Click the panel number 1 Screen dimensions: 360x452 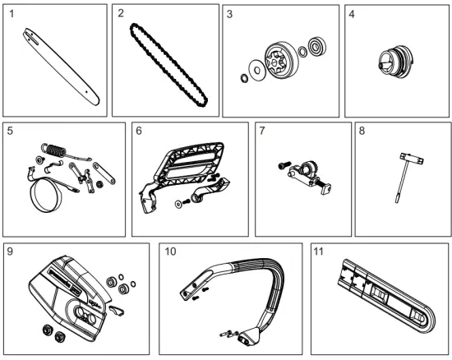click(11, 14)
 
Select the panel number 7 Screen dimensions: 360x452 click(261, 132)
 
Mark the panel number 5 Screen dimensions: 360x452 click(11, 132)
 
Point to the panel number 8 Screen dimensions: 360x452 click(362, 132)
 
